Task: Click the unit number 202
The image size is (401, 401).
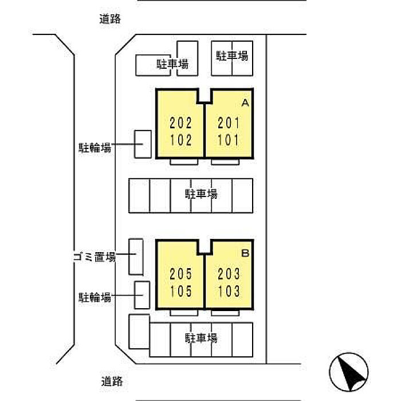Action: click(x=181, y=123)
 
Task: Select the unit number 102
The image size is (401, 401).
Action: click(x=181, y=140)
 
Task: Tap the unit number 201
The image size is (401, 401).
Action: click(x=229, y=123)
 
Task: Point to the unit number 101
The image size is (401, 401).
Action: click(x=228, y=140)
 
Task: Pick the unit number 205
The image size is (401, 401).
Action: click(x=181, y=274)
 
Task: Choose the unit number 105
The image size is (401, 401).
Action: click(x=181, y=291)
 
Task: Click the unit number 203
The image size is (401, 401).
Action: click(x=229, y=274)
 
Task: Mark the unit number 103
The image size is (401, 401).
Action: click(x=229, y=291)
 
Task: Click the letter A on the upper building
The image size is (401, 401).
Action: click(x=245, y=103)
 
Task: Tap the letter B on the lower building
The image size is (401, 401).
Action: click(x=245, y=253)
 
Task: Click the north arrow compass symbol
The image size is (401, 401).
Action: click(x=349, y=372)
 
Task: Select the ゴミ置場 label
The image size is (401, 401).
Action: click(x=95, y=257)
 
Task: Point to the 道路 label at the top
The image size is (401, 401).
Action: click(x=110, y=19)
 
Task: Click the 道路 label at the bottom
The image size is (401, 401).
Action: click(x=112, y=382)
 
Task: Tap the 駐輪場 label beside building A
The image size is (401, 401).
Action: click(x=95, y=148)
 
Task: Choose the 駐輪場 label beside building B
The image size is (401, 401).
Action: click(x=95, y=298)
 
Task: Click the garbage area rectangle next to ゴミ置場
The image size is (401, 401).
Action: click(x=136, y=257)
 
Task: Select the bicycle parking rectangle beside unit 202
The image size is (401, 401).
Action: click(x=143, y=144)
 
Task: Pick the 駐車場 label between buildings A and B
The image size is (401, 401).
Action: click(x=201, y=194)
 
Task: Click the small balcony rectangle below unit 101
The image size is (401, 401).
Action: click(x=225, y=162)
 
